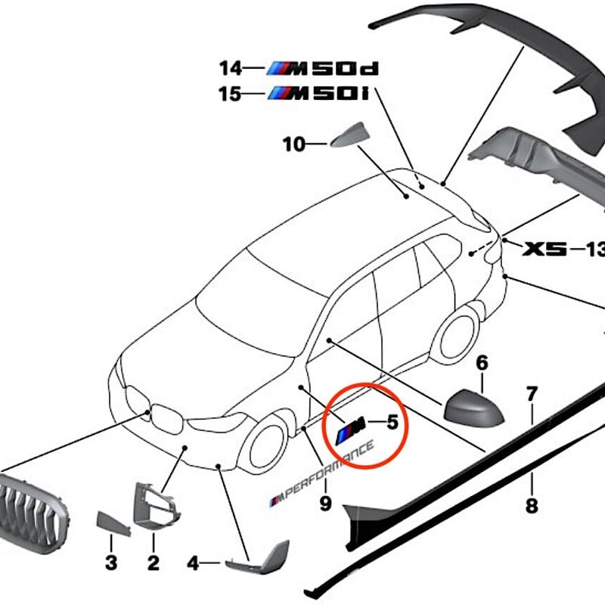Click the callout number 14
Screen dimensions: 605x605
(x=231, y=68)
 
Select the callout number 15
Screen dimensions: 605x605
(x=230, y=94)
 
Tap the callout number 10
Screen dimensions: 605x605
(x=294, y=144)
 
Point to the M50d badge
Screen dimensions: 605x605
(x=323, y=68)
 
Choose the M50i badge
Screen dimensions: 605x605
(x=318, y=93)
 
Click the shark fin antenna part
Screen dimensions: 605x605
(x=349, y=135)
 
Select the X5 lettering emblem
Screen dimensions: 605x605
(x=544, y=249)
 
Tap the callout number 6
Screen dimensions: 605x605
(x=482, y=363)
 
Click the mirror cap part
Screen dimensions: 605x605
(x=474, y=409)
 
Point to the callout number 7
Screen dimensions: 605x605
(x=532, y=394)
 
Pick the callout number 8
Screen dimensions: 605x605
(x=532, y=505)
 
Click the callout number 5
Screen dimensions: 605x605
(x=392, y=422)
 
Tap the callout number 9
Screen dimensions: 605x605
(x=326, y=503)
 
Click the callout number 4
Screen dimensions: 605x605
(x=193, y=563)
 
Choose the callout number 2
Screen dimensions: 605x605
(x=154, y=563)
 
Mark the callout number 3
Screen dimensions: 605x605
(x=111, y=563)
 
